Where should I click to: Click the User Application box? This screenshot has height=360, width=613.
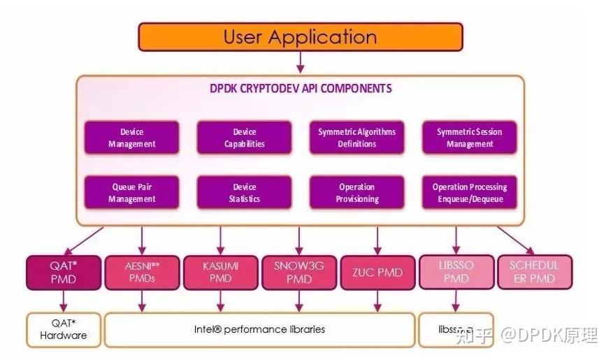(300, 37)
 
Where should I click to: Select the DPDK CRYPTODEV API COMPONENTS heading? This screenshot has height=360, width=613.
(301, 89)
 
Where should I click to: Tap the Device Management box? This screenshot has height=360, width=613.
(132, 138)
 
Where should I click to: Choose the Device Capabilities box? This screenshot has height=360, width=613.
(245, 138)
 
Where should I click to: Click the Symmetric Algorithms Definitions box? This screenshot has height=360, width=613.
(356, 138)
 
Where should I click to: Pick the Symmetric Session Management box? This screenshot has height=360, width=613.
(469, 138)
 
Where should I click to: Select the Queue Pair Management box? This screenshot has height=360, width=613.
(132, 193)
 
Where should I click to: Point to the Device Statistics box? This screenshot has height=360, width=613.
(245, 193)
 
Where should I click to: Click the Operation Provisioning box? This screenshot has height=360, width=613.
(356, 193)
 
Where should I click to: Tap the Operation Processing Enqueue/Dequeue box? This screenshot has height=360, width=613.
(469, 193)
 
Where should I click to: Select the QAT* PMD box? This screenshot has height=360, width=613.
(63, 273)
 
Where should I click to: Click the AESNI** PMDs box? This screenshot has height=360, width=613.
(142, 273)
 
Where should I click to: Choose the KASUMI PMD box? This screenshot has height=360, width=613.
(220, 273)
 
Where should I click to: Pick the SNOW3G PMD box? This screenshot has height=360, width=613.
(299, 273)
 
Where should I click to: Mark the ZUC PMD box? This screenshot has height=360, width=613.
(377, 273)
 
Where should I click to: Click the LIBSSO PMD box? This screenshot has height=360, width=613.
(456, 273)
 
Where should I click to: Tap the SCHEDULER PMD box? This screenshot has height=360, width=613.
(534, 273)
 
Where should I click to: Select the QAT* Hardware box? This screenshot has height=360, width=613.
(63, 329)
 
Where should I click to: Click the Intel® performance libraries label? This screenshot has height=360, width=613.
(259, 329)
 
